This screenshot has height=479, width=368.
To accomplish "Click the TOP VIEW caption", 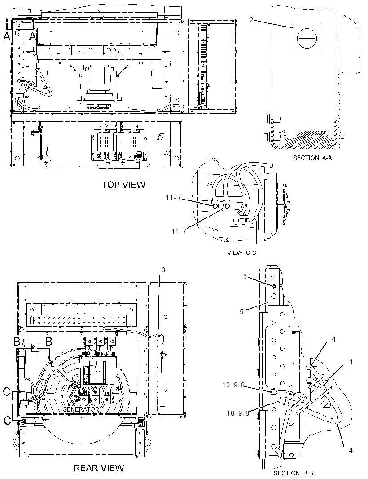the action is (123, 185).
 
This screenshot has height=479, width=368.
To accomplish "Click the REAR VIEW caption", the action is (99, 468).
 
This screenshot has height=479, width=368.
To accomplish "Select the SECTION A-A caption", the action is (312, 158).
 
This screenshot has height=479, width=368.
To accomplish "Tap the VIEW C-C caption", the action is (242, 253).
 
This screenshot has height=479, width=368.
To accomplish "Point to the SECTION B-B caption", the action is (293, 473).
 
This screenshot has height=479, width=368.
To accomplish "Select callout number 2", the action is (251, 20).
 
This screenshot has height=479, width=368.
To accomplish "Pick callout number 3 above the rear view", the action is (163, 270).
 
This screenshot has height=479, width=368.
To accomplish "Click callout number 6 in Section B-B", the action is (245, 276).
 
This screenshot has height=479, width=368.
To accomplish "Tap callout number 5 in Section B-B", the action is (241, 312).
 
